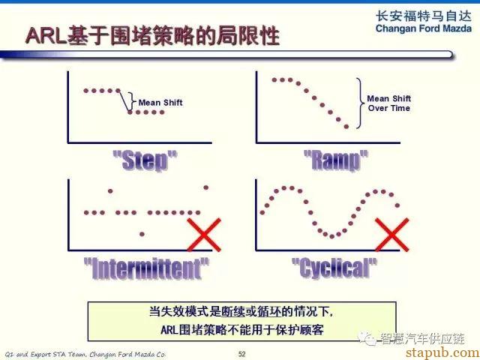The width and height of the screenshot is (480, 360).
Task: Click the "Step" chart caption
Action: [145, 160]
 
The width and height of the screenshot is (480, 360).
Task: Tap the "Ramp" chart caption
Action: [336, 160]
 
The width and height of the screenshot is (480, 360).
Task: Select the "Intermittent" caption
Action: [147, 268]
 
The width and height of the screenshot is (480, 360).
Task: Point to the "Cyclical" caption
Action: [334, 268]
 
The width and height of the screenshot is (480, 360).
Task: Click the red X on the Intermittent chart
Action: [204, 235]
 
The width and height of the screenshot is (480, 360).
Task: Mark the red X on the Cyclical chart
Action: [391, 235]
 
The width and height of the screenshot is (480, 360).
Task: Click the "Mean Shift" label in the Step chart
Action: [160, 103]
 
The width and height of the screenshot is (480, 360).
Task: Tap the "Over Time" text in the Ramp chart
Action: [389, 108]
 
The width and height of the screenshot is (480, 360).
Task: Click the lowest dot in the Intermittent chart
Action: [142, 234]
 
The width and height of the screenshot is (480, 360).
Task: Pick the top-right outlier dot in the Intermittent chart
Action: [206, 187]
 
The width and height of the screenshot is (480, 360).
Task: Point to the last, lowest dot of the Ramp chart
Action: [346, 127]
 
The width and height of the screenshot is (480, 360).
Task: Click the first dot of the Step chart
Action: [86, 91]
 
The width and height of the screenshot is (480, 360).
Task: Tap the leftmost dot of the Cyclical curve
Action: [262, 212]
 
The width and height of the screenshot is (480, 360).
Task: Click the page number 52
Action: [241, 354]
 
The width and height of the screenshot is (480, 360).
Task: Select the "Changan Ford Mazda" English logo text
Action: [423, 28]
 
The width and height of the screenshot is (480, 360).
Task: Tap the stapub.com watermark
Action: [442, 352]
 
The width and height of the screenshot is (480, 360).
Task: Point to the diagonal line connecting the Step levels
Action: [124, 101]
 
